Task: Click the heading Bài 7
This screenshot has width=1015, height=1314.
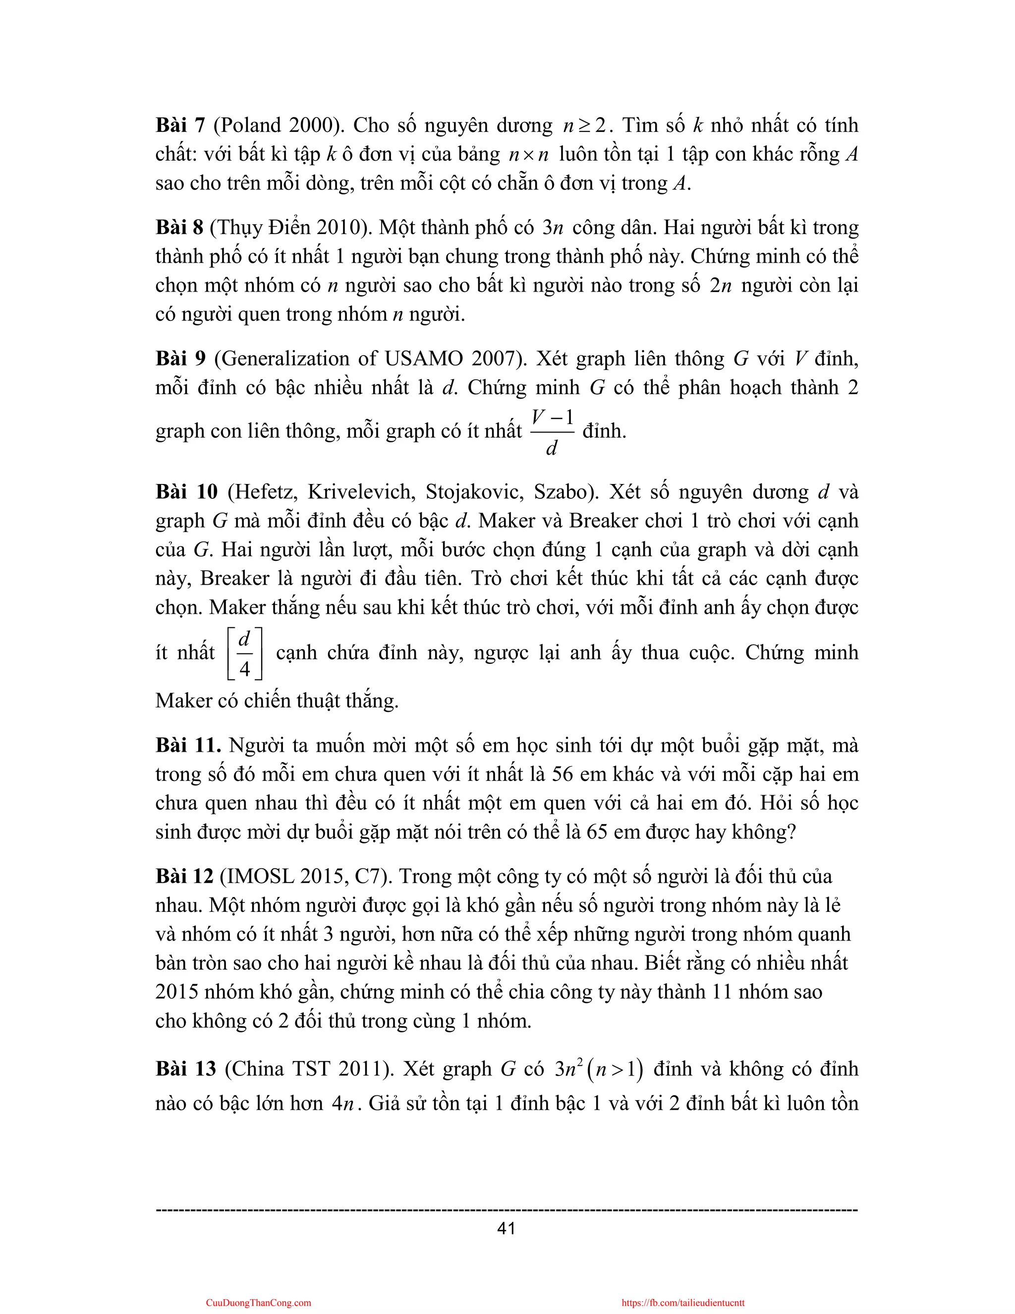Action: coord(180,125)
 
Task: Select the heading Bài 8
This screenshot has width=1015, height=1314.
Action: coord(179,228)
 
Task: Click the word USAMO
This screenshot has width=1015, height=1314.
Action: coord(424,358)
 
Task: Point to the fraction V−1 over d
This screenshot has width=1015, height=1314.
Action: coord(552,432)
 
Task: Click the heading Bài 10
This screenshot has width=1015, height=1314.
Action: coord(186,491)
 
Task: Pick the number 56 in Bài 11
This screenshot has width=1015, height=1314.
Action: coord(562,775)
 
